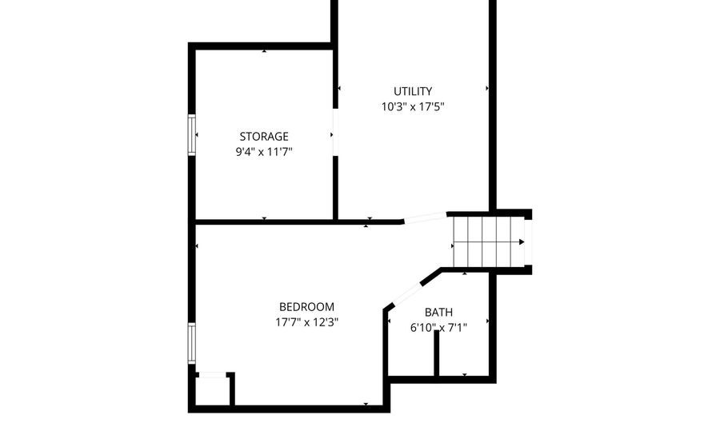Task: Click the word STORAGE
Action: (x=264, y=136)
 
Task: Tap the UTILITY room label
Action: (x=413, y=91)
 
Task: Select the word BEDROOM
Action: (x=306, y=306)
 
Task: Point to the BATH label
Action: (x=438, y=313)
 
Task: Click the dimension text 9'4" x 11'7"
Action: (x=264, y=152)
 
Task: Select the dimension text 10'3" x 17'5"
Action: (x=413, y=107)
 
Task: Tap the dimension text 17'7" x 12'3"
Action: (x=306, y=322)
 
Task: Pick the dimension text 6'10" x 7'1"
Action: (x=438, y=328)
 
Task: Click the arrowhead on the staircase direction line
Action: (x=522, y=241)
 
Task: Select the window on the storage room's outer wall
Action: (x=191, y=135)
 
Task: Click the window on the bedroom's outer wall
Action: (x=191, y=344)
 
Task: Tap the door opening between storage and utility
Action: (x=335, y=132)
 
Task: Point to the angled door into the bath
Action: (x=407, y=293)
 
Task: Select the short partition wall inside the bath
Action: (x=436, y=353)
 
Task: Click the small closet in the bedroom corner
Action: (x=212, y=389)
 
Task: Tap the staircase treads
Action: (x=488, y=241)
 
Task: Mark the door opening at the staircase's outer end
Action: (x=528, y=241)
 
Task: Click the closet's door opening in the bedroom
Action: (x=212, y=375)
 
